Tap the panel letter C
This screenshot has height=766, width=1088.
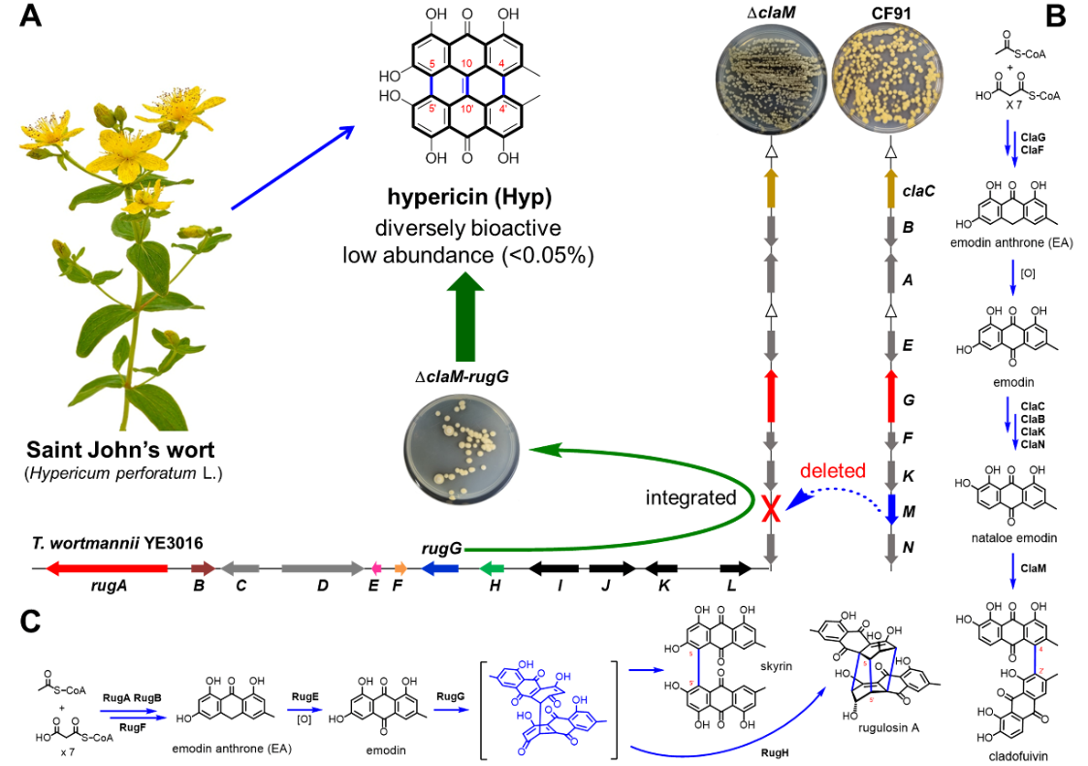coord(31,622)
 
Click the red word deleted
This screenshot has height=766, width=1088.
coord(832,471)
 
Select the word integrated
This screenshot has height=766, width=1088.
coord(691,497)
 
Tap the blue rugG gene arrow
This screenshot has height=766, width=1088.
coord(439,567)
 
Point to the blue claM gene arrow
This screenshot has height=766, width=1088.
coord(890,509)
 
